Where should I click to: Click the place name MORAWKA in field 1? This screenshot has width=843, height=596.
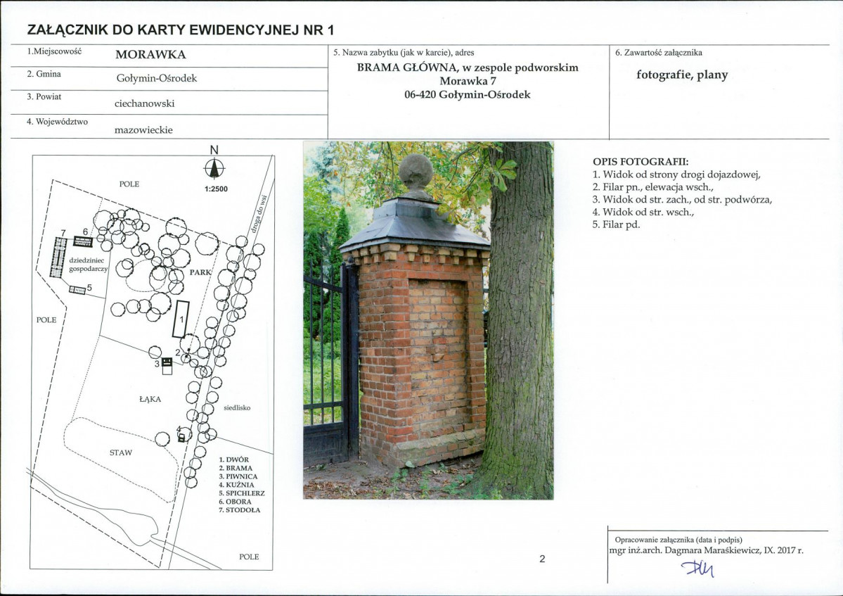[150, 54]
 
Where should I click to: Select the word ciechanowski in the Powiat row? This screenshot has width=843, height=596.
[145, 103]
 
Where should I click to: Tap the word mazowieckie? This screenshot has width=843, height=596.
[143, 129]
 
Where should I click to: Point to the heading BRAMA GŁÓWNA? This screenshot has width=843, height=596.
[406, 68]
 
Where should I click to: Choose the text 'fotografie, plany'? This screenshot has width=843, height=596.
[682, 75]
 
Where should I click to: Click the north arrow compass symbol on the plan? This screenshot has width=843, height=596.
[214, 169]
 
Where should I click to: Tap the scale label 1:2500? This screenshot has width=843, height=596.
[216, 189]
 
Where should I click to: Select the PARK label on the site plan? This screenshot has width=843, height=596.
[200, 272]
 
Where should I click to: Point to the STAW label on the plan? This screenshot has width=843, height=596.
[121, 453]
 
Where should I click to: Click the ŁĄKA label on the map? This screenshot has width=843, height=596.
[150, 399]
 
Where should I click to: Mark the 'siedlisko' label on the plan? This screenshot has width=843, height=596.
[237, 407]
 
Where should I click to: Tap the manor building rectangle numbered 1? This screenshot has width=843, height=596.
[181, 319]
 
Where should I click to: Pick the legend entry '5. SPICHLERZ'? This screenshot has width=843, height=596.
[242, 493]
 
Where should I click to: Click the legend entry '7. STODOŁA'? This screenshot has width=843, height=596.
[239, 510]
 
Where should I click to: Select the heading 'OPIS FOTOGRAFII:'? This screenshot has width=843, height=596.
[641, 161]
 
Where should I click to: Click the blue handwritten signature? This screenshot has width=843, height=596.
[698, 567]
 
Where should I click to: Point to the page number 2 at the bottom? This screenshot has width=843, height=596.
[542, 559]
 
